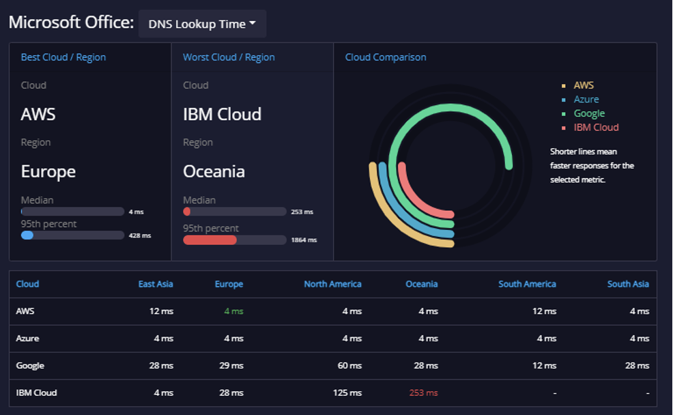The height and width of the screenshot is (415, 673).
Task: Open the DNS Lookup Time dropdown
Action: [x=202, y=24]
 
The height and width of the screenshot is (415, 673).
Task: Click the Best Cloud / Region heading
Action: [x=63, y=57]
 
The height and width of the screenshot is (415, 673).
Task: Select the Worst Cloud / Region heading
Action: [x=229, y=57]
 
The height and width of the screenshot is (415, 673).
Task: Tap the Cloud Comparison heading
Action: [x=386, y=57]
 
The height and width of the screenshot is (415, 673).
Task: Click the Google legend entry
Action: [x=589, y=113]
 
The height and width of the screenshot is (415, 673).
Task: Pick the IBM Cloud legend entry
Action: [x=596, y=128]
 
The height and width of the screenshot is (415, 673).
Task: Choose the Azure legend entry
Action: [x=586, y=99]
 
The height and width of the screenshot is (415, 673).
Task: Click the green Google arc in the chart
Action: [x=450, y=107]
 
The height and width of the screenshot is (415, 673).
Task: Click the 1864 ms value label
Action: [x=304, y=240]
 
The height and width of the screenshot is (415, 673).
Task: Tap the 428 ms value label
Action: [x=140, y=235]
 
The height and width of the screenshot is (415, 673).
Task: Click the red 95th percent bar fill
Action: [x=210, y=240]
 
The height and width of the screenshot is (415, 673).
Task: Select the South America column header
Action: [x=527, y=284]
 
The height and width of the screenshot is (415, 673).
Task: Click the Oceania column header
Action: [x=422, y=284]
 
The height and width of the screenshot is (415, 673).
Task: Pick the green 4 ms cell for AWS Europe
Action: [x=233, y=311]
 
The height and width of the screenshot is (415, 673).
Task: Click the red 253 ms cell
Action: [x=423, y=392]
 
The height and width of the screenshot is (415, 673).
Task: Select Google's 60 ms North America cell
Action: [x=349, y=366]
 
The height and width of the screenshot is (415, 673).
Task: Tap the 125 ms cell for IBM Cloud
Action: [x=347, y=392]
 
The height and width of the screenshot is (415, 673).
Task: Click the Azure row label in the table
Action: [x=27, y=338]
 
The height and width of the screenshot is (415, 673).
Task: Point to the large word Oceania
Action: [x=214, y=171]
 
